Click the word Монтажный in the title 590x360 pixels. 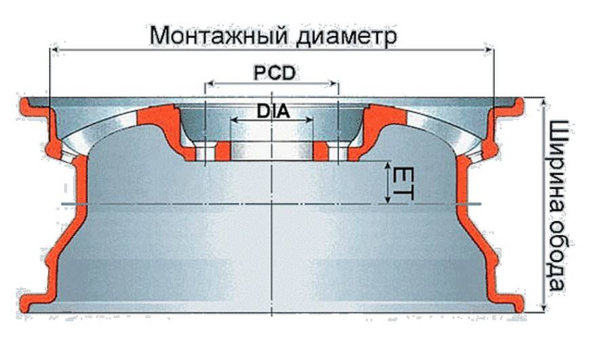[x=218, y=35]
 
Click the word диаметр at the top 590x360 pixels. [x=345, y=35]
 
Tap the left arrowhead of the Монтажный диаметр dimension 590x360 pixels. [x=54, y=52]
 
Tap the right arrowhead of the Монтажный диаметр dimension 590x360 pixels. [x=490, y=52]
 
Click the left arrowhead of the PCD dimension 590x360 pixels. [x=208, y=85]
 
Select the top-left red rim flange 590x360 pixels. [x=31, y=108]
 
